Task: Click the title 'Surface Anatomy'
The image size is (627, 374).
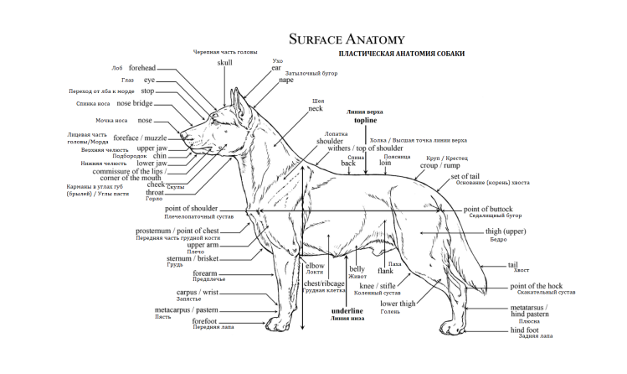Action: pyautogui.click(x=346, y=39)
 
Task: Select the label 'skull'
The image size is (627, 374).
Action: pyautogui.click(x=225, y=62)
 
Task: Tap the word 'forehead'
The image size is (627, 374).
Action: pyautogui.click(x=142, y=68)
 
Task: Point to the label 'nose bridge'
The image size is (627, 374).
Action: pyautogui.click(x=135, y=103)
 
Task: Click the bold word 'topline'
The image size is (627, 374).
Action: pyautogui.click(x=365, y=121)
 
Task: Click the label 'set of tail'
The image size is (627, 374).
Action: pyautogui.click(x=465, y=177)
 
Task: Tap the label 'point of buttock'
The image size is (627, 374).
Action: pyautogui.click(x=487, y=209)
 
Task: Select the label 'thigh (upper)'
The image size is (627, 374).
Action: pyautogui.click(x=507, y=230)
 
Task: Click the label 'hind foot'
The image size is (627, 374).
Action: pyautogui.click(x=526, y=330)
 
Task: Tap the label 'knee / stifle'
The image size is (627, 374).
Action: pyautogui.click(x=378, y=286)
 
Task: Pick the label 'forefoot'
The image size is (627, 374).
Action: pyautogui.click(x=205, y=320)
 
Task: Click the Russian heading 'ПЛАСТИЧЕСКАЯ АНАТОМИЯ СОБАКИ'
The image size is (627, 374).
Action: pyautogui.click(x=401, y=54)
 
